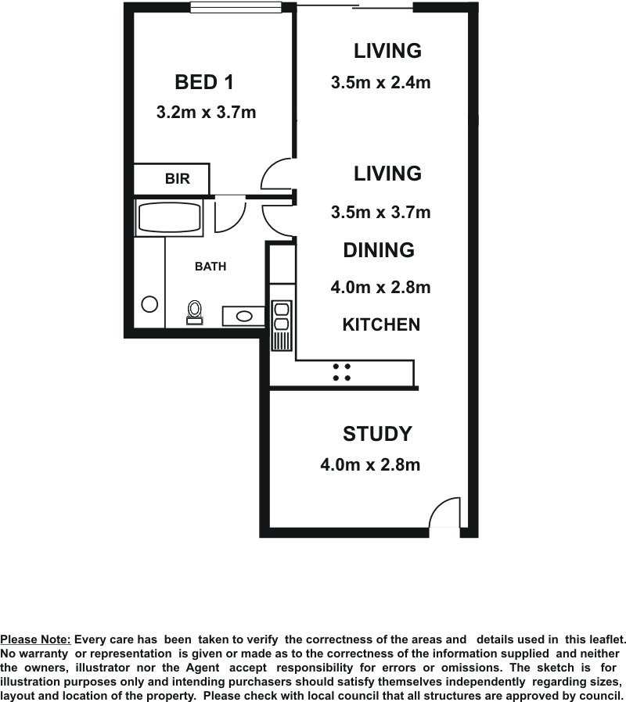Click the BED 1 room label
pyautogui.click(x=204, y=82)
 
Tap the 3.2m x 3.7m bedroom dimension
pyautogui.click(x=206, y=112)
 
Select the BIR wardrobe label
pyautogui.click(x=178, y=179)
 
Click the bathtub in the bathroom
pyautogui.click(x=169, y=218)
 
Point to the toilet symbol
pyautogui.click(x=195, y=312)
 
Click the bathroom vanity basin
pyautogui.click(x=244, y=316)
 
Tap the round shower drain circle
pyautogui.click(x=149, y=304)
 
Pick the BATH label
pyautogui.click(x=210, y=267)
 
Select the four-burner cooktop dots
pyautogui.click(x=341, y=372)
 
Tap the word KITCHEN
pyautogui.click(x=381, y=324)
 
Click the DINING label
pyautogui.click(x=379, y=250)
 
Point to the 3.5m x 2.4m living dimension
pyautogui.click(x=381, y=82)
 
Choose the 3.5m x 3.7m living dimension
pyautogui.click(x=381, y=212)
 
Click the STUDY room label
pyautogui.click(x=377, y=434)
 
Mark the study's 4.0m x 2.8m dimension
pyautogui.click(x=370, y=464)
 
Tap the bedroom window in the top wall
pyautogui.click(x=236, y=7)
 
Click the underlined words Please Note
pyautogui.click(x=35, y=639)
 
